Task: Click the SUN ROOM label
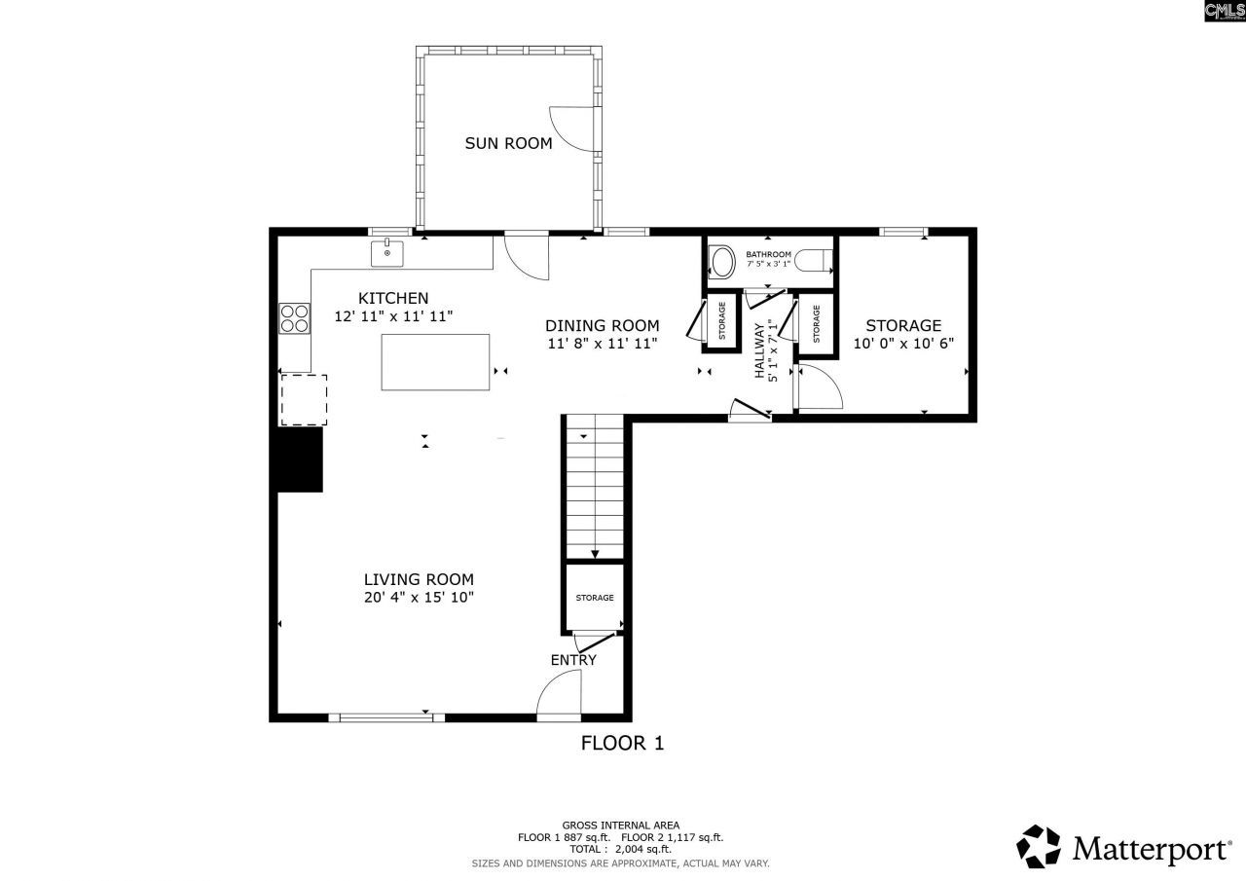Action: click(x=507, y=143)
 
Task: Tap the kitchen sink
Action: click(x=386, y=253)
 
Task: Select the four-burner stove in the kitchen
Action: click(x=294, y=318)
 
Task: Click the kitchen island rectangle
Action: click(x=435, y=361)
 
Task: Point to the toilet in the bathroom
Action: click(x=812, y=261)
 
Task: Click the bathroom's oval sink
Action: click(x=722, y=261)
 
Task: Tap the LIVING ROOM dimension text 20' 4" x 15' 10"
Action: click(x=419, y=598)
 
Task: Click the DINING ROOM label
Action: click(x=602, y=326)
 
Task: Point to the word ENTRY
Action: click(x=573, y=660)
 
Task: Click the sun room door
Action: click(x=572, y=128)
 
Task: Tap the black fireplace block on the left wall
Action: click(x=300, y=459)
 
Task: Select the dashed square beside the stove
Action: click(x=304, y=400)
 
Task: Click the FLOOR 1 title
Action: click(x=622, y=744)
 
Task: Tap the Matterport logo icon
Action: click(x=1039, y=846)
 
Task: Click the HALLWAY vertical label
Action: click(x=759, y=350)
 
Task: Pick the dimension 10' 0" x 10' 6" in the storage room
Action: click(x=903, y=343)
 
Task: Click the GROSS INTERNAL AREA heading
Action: click(x=620, y=825)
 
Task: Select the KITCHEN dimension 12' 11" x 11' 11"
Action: click(x=393, y=316)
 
